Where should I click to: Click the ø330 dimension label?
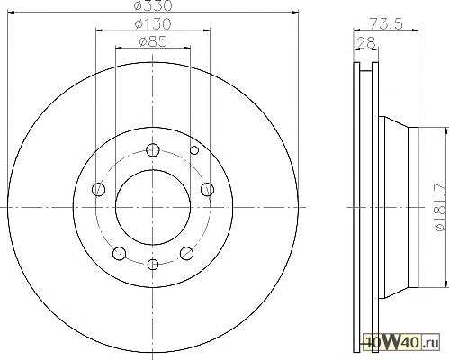[153, 5]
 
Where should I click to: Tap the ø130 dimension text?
[153, 24]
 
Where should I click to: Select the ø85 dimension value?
[153, 41]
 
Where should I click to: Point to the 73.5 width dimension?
[385, 23]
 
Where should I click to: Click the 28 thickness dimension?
[366, 42]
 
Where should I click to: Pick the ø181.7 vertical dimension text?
[441, 207]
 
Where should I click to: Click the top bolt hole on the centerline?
[153, 150]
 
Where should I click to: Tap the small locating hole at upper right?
[194, 150]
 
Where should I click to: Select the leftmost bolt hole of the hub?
[98, 190]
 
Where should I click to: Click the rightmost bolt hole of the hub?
[207, 190]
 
